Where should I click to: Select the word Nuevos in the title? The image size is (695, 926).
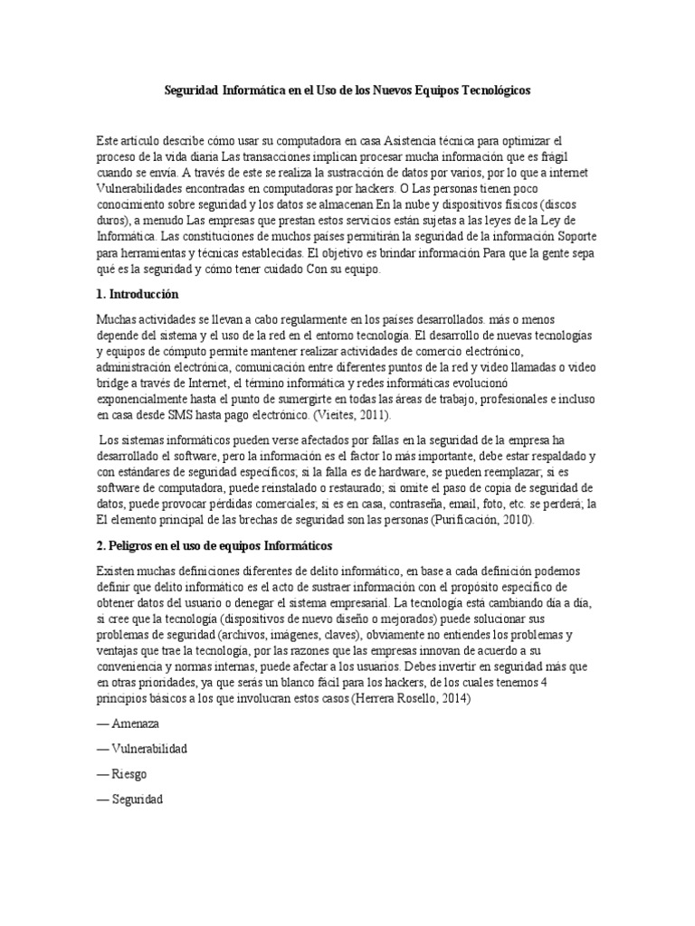(380, 91)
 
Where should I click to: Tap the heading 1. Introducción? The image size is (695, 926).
(138, 295)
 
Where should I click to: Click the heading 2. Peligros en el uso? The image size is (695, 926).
(214, 546)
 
